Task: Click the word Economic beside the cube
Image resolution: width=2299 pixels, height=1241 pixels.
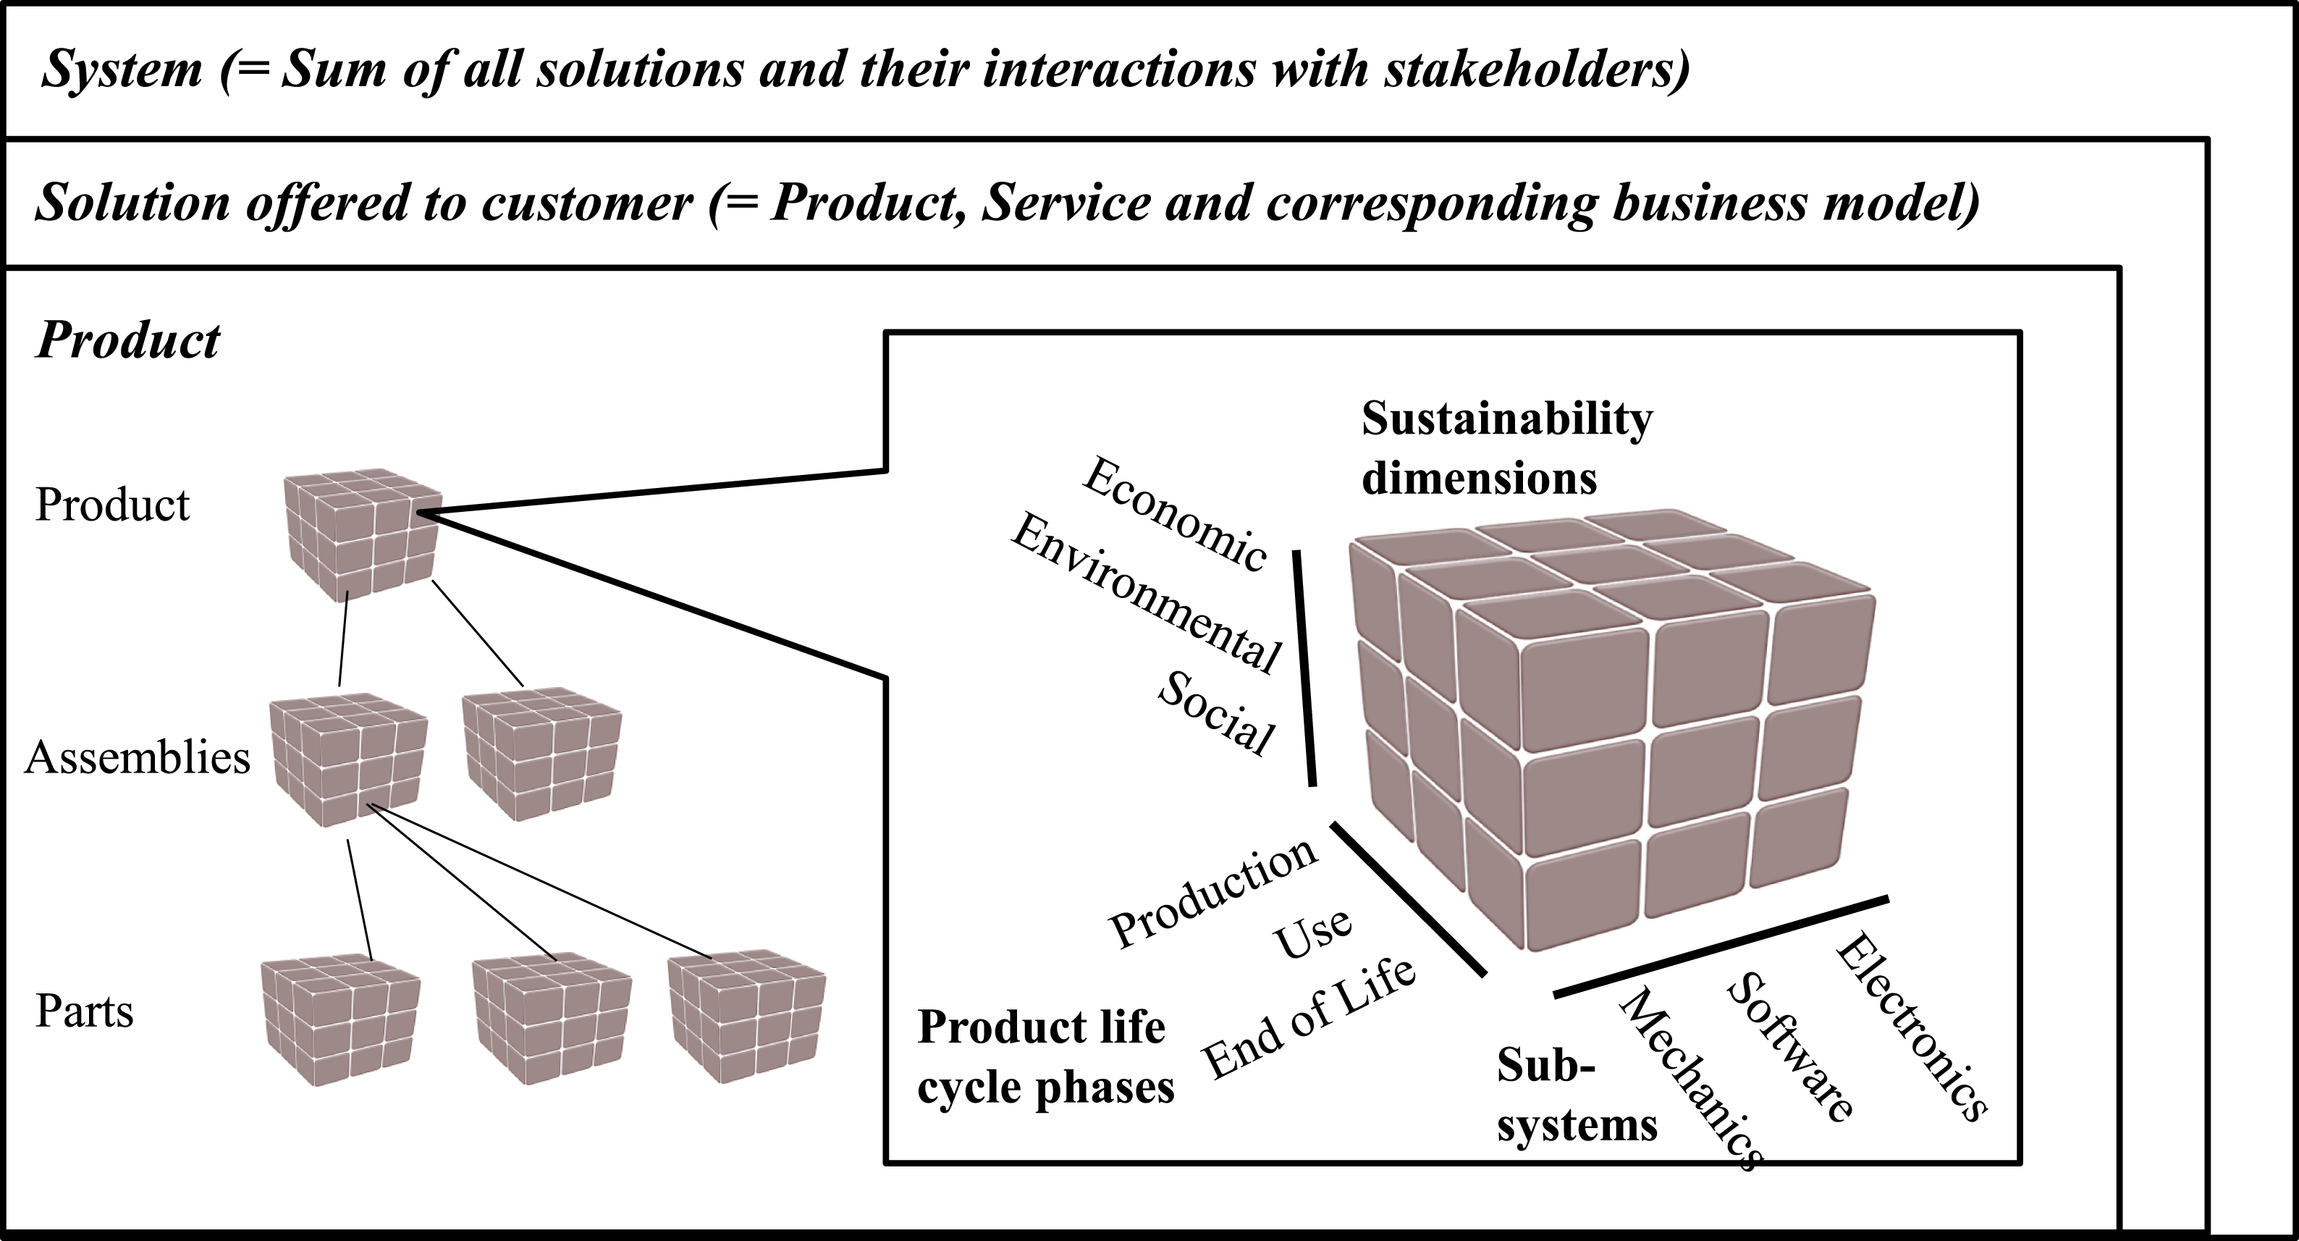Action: (1175, 514)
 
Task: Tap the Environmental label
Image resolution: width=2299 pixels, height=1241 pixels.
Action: (1146, 593)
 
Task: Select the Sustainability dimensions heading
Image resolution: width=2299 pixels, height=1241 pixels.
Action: (1506, 448)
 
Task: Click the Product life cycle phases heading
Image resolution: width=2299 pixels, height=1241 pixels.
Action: (1046, 1057)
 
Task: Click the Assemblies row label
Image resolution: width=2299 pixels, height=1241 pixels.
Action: (138, 758)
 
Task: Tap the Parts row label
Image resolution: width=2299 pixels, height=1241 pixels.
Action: (85, 1011)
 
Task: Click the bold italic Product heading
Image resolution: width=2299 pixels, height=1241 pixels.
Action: (127, 340)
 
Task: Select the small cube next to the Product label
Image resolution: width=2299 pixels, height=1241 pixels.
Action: (363, 533)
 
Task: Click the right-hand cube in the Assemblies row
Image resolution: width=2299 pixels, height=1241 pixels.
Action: (541, 752)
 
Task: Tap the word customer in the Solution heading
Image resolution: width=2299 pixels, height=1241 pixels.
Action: (586, 203)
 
